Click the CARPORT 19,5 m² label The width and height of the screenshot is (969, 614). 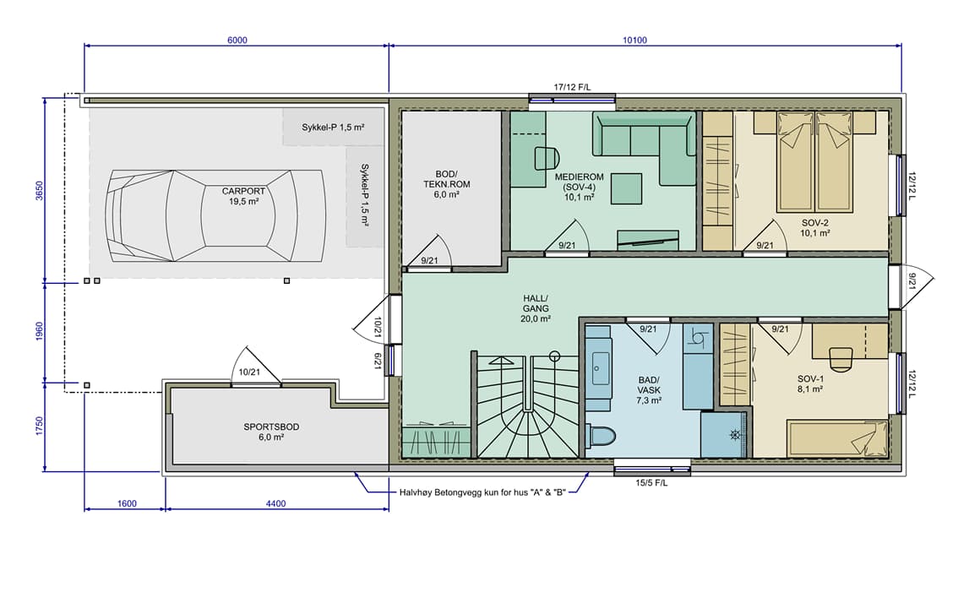pos(243,197)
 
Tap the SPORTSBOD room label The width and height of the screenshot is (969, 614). pos(271,432)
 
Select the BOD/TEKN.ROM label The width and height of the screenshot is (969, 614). pos(446,184)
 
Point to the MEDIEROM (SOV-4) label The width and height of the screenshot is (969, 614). pos(579,187)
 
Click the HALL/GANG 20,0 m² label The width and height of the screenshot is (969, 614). pos(536,309)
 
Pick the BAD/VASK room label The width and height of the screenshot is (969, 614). pos(649,390)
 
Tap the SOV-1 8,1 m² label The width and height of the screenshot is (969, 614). pos(810,384)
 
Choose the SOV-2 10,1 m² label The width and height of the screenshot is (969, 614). pos(815,228)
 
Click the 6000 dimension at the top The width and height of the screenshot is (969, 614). pos(237,41)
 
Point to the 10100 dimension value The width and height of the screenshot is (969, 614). pos(634,41)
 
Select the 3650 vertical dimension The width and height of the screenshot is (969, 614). pos(40,191)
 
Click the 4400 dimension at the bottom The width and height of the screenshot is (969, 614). pos(275,503)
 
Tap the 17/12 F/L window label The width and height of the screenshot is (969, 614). pos(572,87)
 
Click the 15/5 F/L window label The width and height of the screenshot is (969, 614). pos(652,482)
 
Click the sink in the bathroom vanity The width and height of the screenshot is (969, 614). pos(599,368)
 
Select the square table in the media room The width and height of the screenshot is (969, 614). pos(626,188)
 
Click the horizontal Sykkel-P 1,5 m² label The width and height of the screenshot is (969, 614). pos(333,128)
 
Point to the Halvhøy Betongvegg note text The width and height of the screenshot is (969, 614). pos(482,492)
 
